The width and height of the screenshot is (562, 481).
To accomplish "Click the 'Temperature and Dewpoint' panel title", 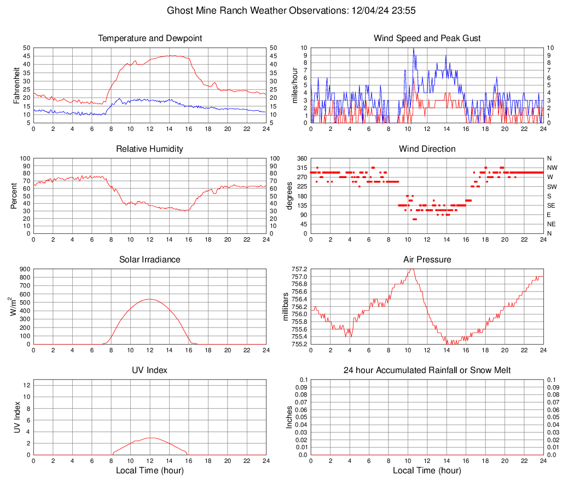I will pos(150,38).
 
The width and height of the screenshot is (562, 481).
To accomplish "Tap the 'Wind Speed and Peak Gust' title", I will pos(427,38).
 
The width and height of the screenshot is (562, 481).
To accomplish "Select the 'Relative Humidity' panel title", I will pos(150,149).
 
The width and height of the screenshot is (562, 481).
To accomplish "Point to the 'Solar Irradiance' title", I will pos(150,260).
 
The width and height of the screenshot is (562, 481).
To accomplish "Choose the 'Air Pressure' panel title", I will pos(427,260).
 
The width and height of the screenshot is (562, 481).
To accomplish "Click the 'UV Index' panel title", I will pos(150,370).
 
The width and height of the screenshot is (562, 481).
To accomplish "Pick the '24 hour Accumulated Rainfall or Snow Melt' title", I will pos(427,370).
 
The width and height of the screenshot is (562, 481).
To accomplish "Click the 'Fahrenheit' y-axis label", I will pos(16,85).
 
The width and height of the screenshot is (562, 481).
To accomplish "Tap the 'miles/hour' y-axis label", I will pos(294,85).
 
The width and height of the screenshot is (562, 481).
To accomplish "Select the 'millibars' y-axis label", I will pos(285,306).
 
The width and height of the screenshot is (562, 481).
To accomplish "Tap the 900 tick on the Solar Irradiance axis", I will pos(24,270).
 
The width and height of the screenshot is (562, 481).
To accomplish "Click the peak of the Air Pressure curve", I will pos(413,269).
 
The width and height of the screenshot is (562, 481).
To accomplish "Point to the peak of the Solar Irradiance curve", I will pos(149,299).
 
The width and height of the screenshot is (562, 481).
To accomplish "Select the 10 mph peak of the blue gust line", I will pos(413,48).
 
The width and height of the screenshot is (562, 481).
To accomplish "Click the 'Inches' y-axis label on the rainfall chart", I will pos(289,417).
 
